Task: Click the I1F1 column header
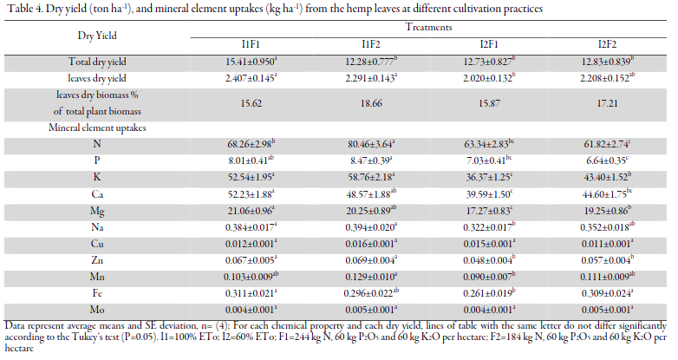coord(251,44)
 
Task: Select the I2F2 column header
coord(607,44)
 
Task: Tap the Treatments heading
coord(428,27)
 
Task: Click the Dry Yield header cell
coord(97,36)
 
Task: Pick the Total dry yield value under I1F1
coord(251,62)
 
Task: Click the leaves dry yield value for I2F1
coord(489,78)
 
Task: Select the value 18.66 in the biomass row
coord(371,103)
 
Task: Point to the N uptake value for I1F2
coord(371,144)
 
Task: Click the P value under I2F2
coord(607,160)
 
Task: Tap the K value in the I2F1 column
coord(489,177)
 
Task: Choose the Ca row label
coord(97,193)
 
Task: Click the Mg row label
coord(97,211)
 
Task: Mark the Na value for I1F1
coord(251,227)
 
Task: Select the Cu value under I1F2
coord(371,244)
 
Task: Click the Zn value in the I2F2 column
coord(607,260)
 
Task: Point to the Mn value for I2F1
coord(489,277)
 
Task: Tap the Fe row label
coord(97,293)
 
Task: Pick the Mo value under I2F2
coord(607,310)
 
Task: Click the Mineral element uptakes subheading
coord(97,128)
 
